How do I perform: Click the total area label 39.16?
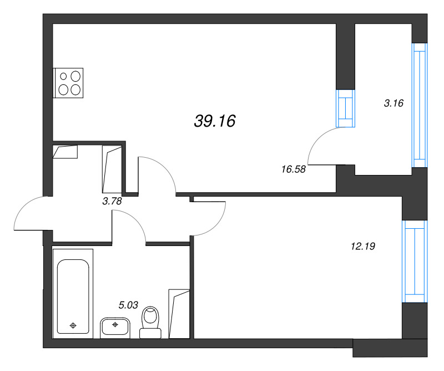pyautogui.click(x=215, y=121)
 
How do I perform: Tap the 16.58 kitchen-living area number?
pyautogui.click(x=294, y=169)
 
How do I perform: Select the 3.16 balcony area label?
pyautogui.click(x=393, y=103)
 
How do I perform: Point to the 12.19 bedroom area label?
pyautogui.click(x=363, y=246)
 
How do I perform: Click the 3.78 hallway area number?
pyautogui.click(x=112, y=201)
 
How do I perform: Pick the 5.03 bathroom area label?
pyautogui.click(x=128, y=305)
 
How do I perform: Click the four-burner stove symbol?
pyautogui.click(x=68, y=83)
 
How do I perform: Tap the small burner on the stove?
pyautogui.click(x=63, y=76)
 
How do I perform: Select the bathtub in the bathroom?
pyautogui.click(x=73, y=294)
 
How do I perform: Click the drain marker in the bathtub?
pyautogui.click(x=73, y=325)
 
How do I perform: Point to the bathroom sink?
pyautogui.click(x=115, y=328)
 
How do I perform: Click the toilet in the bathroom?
pyautogui.click(x=150, y=323)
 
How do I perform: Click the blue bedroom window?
pyautogui.click(x=415, y=262)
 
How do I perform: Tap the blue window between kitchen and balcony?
pyautogui.click(x=345, y=108)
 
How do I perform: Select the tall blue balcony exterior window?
pyautogui.click(x=420, y=105)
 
